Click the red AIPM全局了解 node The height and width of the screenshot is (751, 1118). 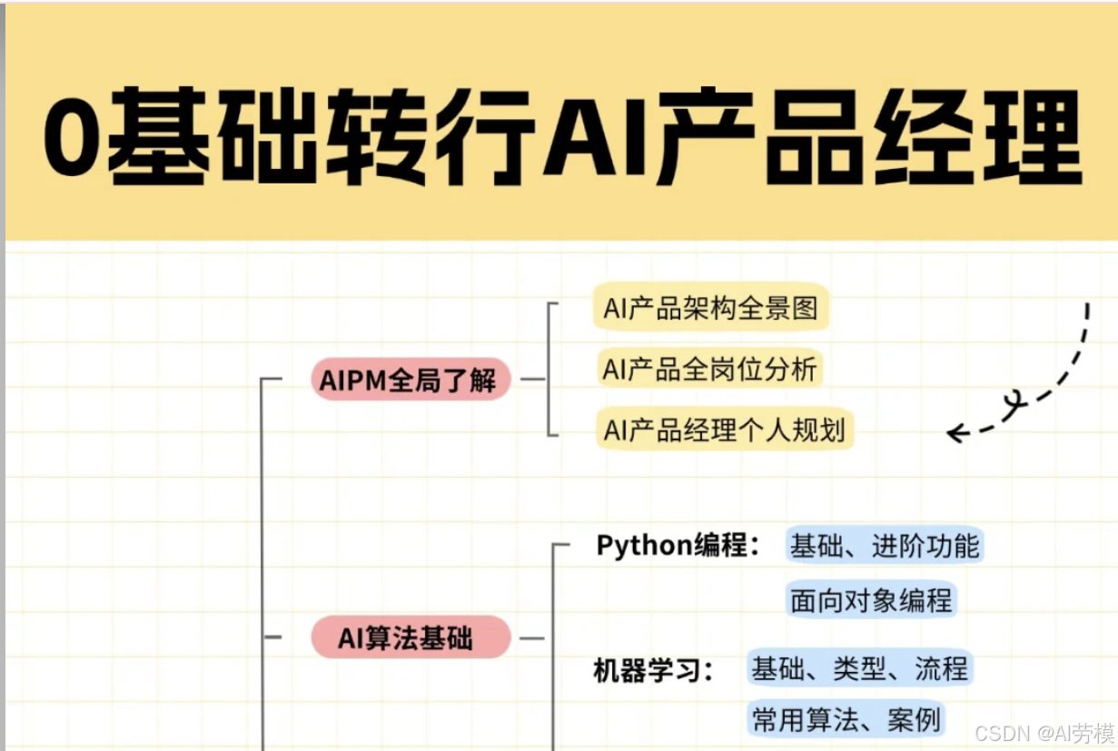point(408,380)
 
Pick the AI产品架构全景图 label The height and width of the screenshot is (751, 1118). point(711,309)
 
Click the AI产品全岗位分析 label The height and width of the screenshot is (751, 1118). point(710,370)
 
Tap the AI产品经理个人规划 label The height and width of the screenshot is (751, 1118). point(725,430)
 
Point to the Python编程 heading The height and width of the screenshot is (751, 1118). point(677,546)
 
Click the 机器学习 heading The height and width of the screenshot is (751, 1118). point(652,671)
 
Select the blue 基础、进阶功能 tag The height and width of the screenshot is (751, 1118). point(885,546)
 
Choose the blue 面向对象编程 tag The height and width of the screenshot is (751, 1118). point(871,600)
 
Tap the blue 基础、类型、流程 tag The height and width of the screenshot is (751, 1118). point(859,669)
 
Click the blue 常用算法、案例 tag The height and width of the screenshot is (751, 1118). point(846,720)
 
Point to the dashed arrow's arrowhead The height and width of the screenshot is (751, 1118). point(955,433)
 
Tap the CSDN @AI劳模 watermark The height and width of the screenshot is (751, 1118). point(1044,732)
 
